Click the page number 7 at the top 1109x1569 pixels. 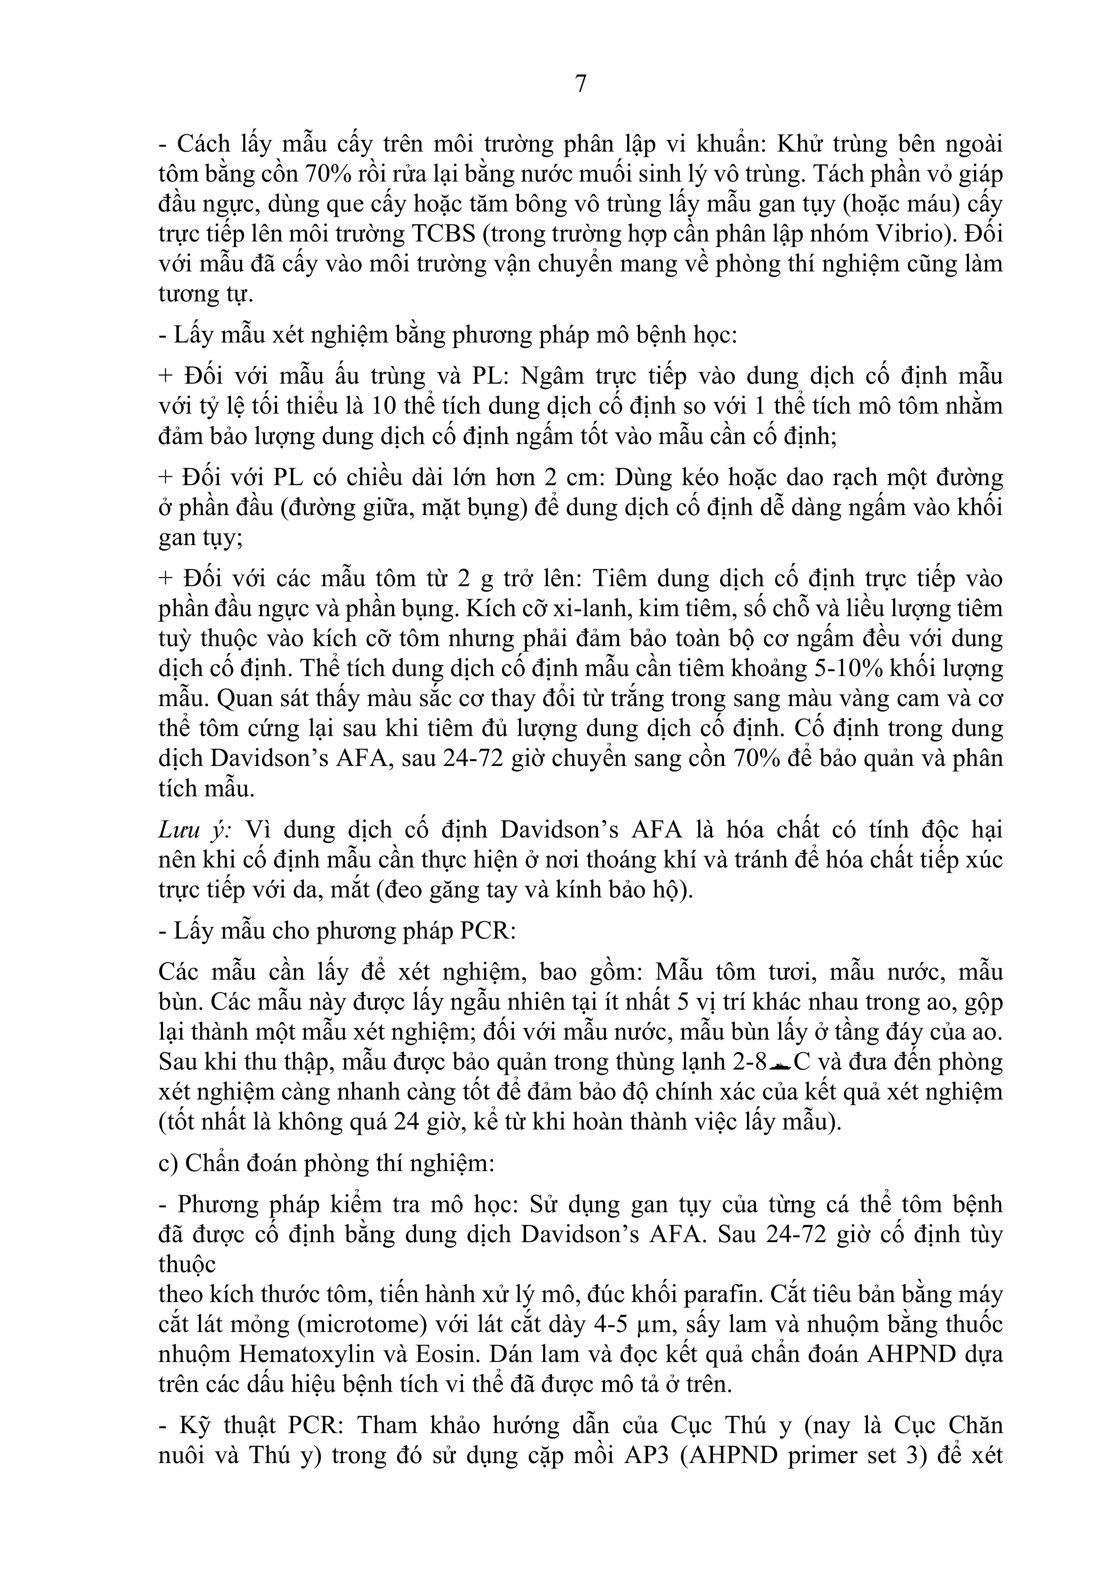[580, 83]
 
